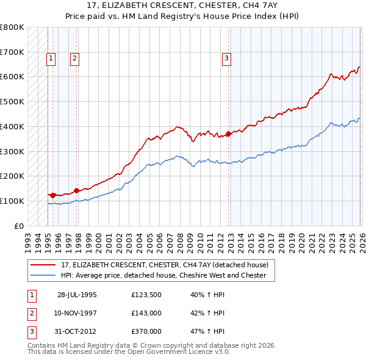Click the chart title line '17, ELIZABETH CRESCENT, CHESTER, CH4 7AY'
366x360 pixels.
[x=182, y=5]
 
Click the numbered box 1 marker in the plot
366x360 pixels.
[x=50, y=59]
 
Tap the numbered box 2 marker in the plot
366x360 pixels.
[x=74, y=59]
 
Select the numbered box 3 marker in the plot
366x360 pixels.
[x=226, y=59]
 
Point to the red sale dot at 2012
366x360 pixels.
[x=229, y=134]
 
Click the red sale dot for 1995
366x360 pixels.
[x=53, y=195]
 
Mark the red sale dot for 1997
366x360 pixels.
[x=76, y=190]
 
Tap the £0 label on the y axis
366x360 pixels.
[x=18, y=226]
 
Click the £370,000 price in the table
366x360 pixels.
[x=146, y=332]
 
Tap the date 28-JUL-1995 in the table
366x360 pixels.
[x=77, y=294]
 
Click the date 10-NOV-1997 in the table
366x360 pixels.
[x=76, y=313]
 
